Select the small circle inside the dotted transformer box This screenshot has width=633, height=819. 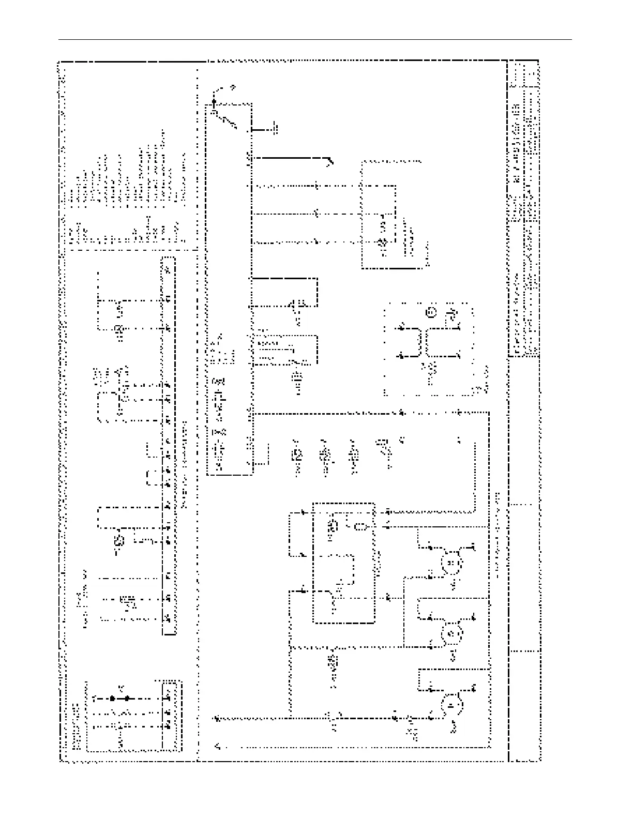431,312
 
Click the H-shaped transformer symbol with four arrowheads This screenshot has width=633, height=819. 429,341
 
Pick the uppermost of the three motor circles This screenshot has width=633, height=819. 450,562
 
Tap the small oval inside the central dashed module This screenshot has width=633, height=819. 360,527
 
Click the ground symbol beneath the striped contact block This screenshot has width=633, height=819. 297,385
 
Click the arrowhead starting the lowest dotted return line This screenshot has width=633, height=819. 217,746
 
